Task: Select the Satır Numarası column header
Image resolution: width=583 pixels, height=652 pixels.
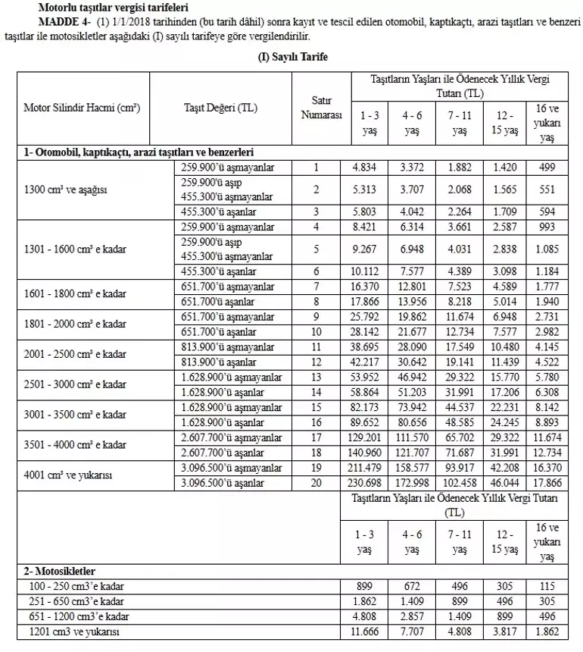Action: click(316, 108)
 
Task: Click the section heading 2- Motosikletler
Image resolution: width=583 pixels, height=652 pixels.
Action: click(60, 571)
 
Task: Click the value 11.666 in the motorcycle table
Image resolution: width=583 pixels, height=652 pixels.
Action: click(364, 631)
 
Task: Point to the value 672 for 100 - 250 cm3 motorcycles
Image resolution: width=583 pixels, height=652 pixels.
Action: click(412, 586)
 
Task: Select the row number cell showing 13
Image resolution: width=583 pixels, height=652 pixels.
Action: click(316, 376)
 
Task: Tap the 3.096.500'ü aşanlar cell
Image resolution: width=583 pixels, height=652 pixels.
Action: click(221, 483)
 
